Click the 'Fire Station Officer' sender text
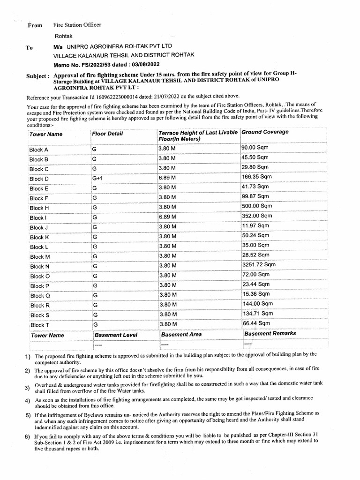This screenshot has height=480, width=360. click(x=77, y=25)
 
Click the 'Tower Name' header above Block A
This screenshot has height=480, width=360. click(x=45, y=134)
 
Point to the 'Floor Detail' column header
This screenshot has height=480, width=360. click(x=108, y=134)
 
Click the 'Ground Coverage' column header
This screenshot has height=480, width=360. click(x=265, y=132)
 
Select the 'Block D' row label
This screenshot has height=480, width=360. click(x=39, y=179)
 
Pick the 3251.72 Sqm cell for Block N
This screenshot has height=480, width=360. click(x=259, y=265)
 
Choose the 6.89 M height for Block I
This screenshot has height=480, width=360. click(x=168, y=217)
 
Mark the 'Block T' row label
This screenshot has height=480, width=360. click(x=39, y=325)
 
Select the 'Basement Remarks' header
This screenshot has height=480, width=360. click(x=270, y=333)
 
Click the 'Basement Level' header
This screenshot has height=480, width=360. click(x=116, y=335)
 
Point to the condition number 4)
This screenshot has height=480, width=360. click(x=28, y=400)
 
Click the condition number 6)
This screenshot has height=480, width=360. click(x=28, y=437)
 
